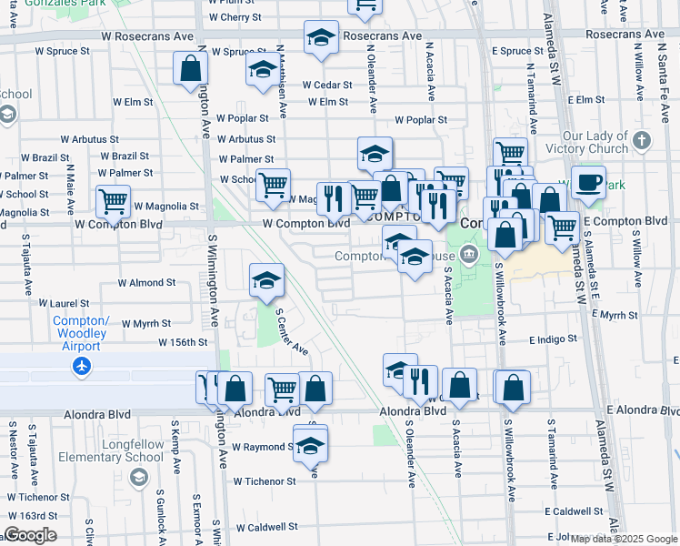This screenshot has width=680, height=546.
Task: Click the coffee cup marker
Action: point(588,182)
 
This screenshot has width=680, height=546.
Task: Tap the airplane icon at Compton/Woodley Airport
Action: point(82,366)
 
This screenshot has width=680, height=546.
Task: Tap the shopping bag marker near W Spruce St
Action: point(191,69)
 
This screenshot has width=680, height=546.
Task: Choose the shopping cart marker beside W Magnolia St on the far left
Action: point(113,202)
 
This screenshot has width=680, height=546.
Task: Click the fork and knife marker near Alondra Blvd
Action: point(420,381)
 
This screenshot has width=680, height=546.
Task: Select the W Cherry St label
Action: point(235,17)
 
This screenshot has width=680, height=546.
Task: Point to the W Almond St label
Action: point(146,283)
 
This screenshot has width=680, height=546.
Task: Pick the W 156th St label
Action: point(183,343)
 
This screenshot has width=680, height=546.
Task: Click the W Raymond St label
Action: point(261,448)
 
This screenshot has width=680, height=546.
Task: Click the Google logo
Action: point(30,535)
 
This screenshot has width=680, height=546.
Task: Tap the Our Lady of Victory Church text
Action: point(595,143)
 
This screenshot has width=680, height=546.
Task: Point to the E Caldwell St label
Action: point(575,511)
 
